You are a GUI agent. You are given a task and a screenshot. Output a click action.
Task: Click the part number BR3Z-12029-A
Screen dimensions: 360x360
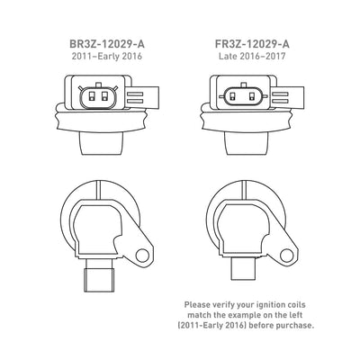[x=107, y=44]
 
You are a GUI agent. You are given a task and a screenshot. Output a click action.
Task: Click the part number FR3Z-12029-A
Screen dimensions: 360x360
[x=252, y=44]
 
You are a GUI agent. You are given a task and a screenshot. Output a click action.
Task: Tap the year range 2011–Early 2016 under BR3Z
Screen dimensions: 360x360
[x=107, y=57]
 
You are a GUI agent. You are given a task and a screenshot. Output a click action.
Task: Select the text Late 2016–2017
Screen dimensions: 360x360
[x=252, y=57]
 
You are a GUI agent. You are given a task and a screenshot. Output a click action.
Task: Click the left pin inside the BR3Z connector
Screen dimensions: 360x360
[x=92, y=96]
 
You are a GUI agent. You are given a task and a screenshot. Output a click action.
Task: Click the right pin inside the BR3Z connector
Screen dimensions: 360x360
[x=104, y=96]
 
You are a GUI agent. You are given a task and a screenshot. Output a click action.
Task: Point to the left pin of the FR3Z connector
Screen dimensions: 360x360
[x=232, y=96]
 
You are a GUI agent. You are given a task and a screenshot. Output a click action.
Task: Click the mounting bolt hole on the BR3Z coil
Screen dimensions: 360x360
[x=142, y=256]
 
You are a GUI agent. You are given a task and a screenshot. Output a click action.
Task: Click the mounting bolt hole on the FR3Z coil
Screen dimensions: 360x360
[x=286, y=256]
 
